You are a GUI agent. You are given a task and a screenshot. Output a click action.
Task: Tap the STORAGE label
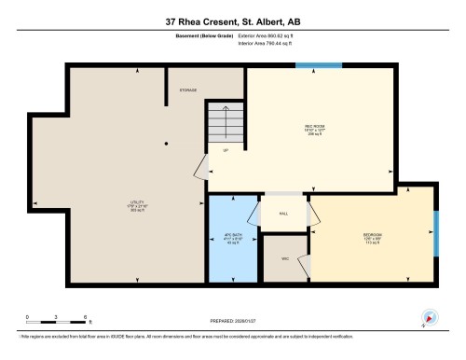tap(187, 90)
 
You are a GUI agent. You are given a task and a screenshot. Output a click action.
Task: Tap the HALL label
tap(282, 213)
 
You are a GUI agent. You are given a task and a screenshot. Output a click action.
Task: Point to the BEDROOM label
tap(372, 234)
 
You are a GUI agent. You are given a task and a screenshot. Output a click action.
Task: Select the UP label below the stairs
tap(225, 151)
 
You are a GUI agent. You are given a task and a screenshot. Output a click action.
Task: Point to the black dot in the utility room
tap(166, 143)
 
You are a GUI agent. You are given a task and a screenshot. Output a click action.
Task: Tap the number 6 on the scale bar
tap(86, 316)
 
